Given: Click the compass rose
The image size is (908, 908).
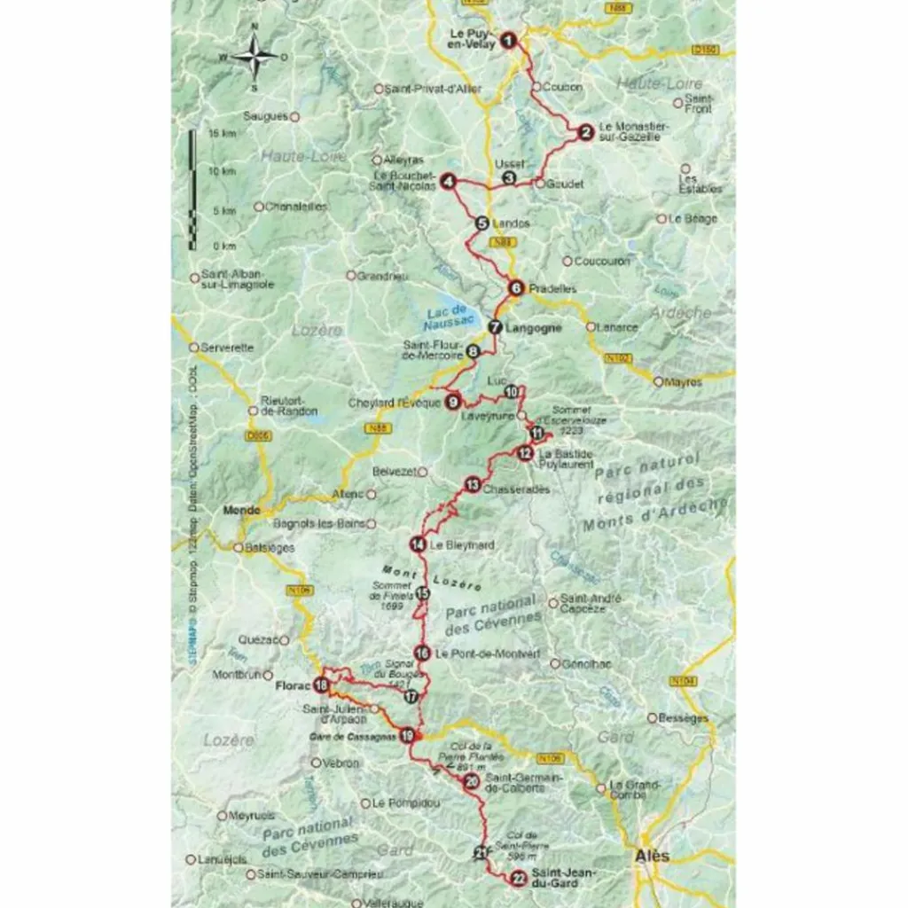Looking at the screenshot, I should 254,57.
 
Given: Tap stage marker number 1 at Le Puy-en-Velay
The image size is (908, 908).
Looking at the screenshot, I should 508,39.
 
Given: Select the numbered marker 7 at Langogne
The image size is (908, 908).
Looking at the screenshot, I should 495,327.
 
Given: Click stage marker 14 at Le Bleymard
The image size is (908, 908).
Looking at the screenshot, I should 418,544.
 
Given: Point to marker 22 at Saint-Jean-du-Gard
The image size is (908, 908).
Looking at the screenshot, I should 519,879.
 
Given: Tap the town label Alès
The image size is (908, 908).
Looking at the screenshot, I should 652,857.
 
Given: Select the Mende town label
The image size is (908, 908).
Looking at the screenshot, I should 242,511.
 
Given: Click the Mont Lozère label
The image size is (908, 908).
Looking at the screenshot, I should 432,577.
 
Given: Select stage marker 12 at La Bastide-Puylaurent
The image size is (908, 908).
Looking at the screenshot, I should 525,454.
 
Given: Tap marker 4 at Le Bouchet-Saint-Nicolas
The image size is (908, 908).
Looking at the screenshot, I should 449,182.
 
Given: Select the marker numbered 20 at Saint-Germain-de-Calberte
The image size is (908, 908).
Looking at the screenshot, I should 472,780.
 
